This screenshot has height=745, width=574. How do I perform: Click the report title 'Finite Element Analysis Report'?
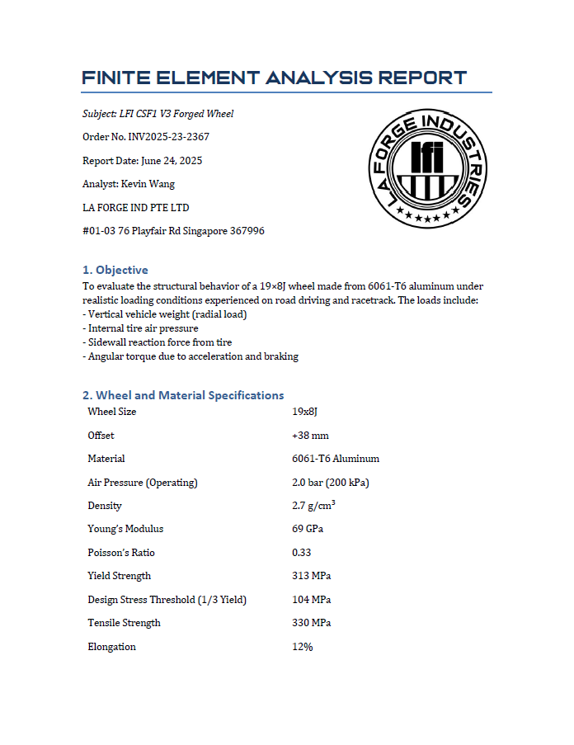tap(275, 78)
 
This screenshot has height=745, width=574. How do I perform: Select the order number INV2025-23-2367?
tap(146, 137)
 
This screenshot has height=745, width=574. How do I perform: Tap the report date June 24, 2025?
tap(143, 161)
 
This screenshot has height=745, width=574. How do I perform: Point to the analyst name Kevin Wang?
tap(129, 184)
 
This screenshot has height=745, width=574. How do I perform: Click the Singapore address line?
tap(173, 231)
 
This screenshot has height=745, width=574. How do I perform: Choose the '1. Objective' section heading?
tap(115, 270)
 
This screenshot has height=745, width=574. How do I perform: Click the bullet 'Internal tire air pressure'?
tap(141, 328)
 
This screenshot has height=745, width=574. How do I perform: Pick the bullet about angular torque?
tap(191, 356)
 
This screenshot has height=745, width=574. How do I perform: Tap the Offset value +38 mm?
tap(310, 436)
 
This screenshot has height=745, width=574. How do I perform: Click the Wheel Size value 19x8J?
tap(310, 412)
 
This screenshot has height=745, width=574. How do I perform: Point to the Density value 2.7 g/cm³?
tap(313, 506)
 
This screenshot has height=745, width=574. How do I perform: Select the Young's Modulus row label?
tap(125, 529)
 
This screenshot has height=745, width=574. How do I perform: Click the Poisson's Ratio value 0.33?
tap(302, 553)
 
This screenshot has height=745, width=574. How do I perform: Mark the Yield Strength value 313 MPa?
tap(312, 576)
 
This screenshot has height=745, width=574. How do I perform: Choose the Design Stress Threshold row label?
tap(167, 600)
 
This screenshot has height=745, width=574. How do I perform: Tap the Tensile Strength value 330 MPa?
tap(312, 623)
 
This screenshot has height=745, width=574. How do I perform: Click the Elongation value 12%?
tap(302, 647)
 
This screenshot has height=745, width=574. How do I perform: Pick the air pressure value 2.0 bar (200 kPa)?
tap(336, 483)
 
